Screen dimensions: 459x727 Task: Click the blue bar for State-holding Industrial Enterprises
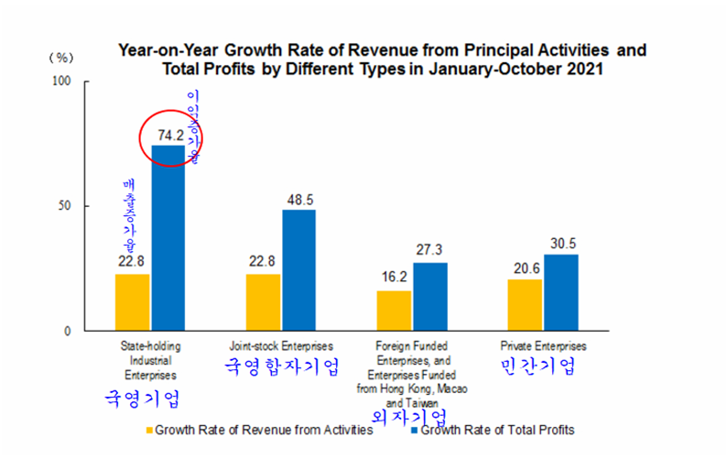[x=168, y=238]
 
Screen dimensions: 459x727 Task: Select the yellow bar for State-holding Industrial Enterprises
[x=132, y=302]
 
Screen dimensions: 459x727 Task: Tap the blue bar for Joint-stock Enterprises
[x=298, y=270]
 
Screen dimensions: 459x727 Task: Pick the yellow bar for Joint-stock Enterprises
[x=263, y=302]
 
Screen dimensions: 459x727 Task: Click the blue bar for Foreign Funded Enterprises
[x=429, y=297]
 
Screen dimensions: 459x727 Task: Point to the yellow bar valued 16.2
[x=394, y=311]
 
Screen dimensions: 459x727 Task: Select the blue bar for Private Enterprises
[x=560, y=292]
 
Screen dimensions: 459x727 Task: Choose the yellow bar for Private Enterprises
[x=525, y=305]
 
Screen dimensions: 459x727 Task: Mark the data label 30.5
[x=560, y=244]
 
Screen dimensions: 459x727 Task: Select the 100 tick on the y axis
[x=63, y=82]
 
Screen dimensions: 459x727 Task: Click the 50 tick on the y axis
[x=67, y=206]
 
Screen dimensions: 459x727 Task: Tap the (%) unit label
[x=60, y=57]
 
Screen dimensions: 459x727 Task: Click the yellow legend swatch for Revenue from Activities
[x=148, y=429]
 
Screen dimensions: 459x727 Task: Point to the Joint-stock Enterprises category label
[x=280, y=346]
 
